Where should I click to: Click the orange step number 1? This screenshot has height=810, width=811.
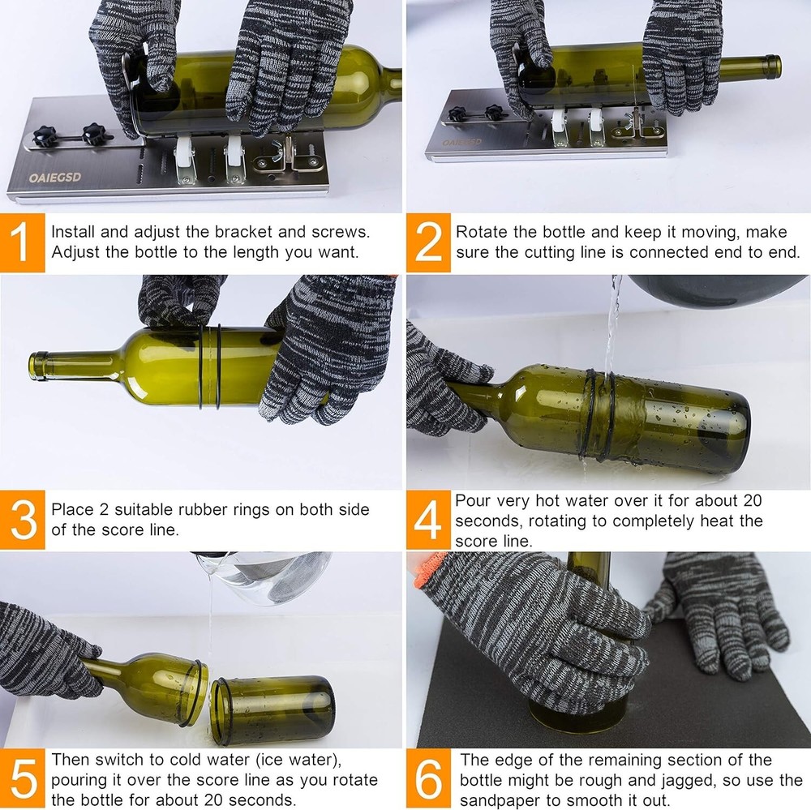(x=23, y=242)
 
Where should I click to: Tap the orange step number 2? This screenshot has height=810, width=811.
(x=427, y=242)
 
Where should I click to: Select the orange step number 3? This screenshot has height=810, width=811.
(x=23, y=520)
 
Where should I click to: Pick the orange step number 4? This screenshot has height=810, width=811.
(x=427, y=520)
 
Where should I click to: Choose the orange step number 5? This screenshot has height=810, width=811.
(x=23, y=779)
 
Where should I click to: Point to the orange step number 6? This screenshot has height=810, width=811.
(x=427, y=779)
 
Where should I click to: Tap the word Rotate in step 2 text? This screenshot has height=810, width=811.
(x=479, y=232)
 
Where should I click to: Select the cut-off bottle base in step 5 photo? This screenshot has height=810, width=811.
(x=272, y=709)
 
